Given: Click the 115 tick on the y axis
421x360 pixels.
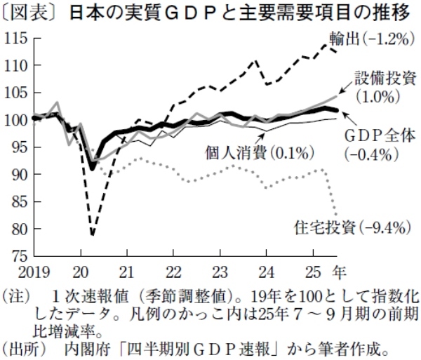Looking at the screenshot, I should (x=15, y=38).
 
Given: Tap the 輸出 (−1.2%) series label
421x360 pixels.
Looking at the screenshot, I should (x=375, y=39).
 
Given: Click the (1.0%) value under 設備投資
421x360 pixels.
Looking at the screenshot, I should (x=377, y=93).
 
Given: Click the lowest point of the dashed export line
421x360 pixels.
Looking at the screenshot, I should (x=92, y=234).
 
